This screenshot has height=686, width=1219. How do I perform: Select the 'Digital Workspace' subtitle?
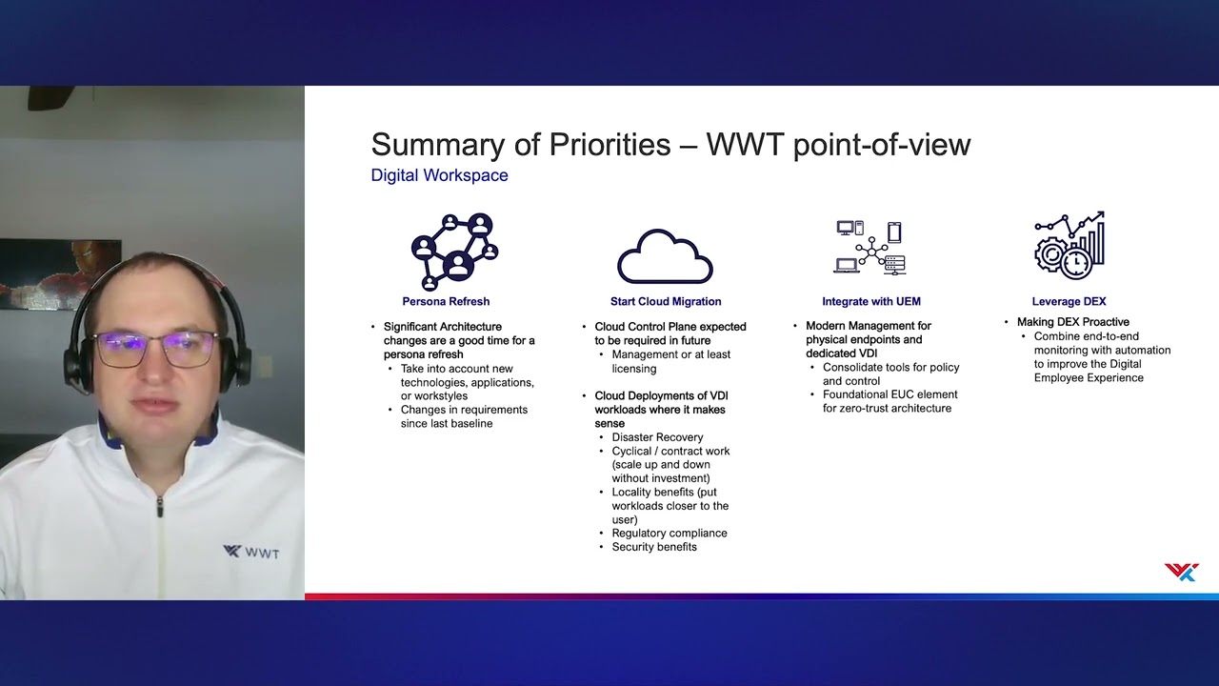pyautogui.click(x=439, y=175)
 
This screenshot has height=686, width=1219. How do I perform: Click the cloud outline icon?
pyautogui.click(x=665, y=256)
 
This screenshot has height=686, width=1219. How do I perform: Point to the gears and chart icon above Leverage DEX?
pyautogui.click(x=1069, y=246)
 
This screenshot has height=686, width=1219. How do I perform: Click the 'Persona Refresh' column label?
pyautogui.click(x=446, y=301)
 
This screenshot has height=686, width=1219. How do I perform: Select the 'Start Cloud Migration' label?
pyautogui.click(x=666, y=301)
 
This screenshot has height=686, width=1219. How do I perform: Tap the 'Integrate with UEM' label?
pyautogui.click(x=870, y=301)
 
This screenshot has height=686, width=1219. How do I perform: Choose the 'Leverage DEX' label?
pyautogui.click(x=1069, y=301)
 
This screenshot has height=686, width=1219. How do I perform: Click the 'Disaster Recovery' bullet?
pyautogui.click(x=657, y=437)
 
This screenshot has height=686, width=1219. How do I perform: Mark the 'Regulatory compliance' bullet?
pyautogui.click(x=669, y=533)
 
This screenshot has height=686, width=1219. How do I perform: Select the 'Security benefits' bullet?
pyautogui.click(x=653, y=547)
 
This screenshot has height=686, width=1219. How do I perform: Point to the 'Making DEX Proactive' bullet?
pyautogui.click(x=1072, y=322)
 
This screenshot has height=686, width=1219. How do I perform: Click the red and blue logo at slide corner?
pyautogui.click(x=1181, y=572)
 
